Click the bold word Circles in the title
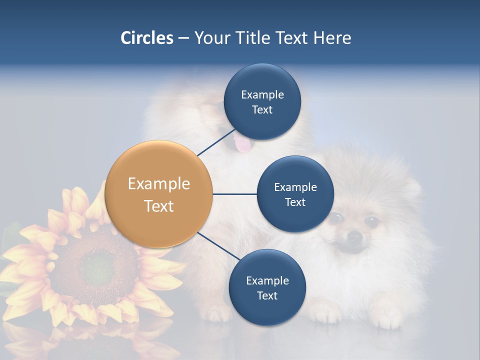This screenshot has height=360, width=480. [x=146, y=38]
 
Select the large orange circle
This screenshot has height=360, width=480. [x=159, y=194]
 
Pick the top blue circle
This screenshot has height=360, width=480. [x=262, y=102]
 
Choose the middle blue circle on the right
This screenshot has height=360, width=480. [x=295, y=194]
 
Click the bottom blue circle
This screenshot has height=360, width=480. [x=267, y=288]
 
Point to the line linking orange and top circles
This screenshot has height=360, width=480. [x=216, y=142]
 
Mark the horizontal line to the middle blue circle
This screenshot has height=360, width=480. [x=234, y=194]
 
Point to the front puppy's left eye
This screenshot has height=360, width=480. [x=335, y=217]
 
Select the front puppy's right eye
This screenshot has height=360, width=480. [x=371, y=220]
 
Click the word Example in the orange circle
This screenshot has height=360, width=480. [x=159, y=184]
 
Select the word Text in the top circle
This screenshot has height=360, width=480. [x=262, y=110]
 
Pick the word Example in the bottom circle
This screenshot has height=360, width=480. [x=267, y=280]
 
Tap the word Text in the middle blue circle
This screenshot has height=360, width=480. [x=295, y=202]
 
